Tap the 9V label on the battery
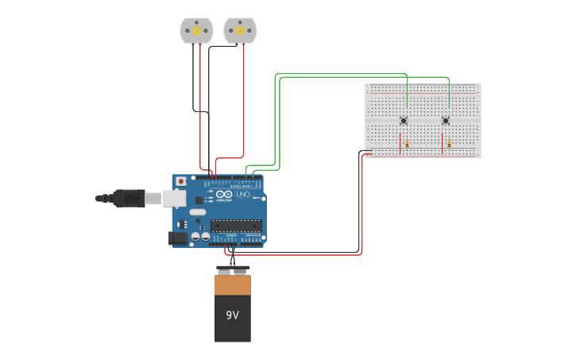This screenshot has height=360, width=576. (232, 315)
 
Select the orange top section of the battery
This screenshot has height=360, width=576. (232, 285)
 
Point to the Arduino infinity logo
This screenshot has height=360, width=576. (224, 195)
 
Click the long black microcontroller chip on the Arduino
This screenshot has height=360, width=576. (235, 225)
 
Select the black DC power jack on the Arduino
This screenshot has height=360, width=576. (179, 237)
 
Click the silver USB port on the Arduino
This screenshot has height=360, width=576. (175, 198)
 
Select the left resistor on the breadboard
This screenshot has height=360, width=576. (407, 144)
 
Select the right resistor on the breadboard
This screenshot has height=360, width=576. (449, 144)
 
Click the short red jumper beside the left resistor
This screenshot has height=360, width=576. (400, 143)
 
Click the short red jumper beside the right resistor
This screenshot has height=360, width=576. (442, 143)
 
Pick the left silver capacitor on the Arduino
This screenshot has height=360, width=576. (195, 236)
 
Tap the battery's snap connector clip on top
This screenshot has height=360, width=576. (232, 269)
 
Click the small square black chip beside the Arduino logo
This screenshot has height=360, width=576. (199, 200)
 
